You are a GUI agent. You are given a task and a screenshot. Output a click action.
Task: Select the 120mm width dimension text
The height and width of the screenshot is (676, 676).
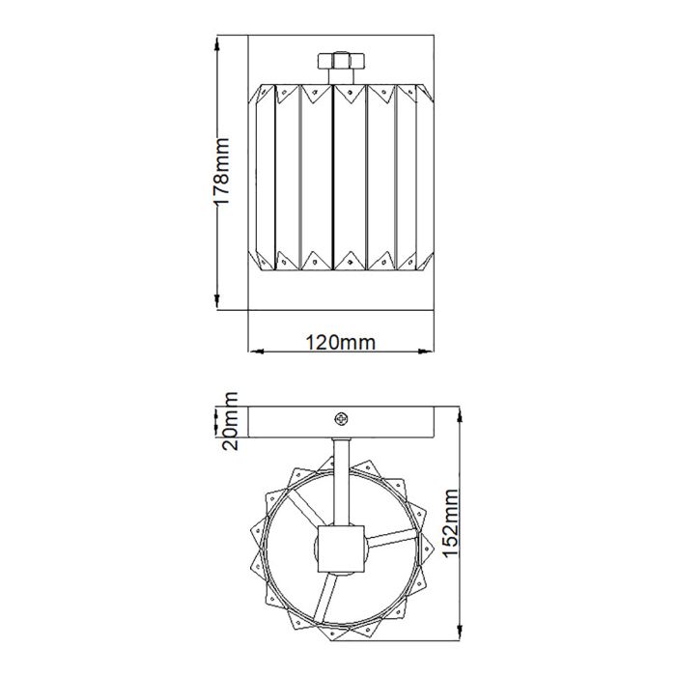point(340,342)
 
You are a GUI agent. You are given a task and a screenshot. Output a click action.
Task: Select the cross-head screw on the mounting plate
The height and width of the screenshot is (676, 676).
point(340,418)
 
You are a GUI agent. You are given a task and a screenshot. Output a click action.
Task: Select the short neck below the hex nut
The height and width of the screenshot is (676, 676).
point(340,75)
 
